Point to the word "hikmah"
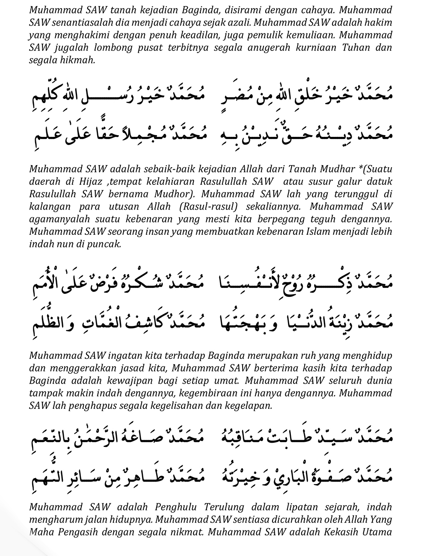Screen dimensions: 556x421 (79, 60)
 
